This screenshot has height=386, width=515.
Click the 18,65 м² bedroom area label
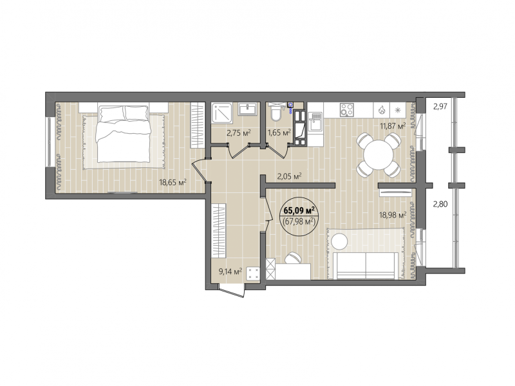(x=173, y=182)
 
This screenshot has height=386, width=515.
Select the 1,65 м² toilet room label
(x=279, y=133)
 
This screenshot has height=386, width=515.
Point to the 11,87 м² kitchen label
(x=392, y=126)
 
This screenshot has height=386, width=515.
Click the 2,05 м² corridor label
(x=289, y=176)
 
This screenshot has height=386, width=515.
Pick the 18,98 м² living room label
(x=392, y=216)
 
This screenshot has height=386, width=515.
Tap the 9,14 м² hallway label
(x=229, y=271)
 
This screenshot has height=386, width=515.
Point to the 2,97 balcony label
(x=440, y=106)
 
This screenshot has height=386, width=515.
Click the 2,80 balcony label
(x=440, y=205)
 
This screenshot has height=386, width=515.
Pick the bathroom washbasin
(x=247, y=109)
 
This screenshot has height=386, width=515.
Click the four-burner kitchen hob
(x=347, y=109)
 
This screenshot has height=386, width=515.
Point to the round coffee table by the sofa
(x=339, y=241)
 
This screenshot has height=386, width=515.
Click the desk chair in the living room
(x=294, y=258)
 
